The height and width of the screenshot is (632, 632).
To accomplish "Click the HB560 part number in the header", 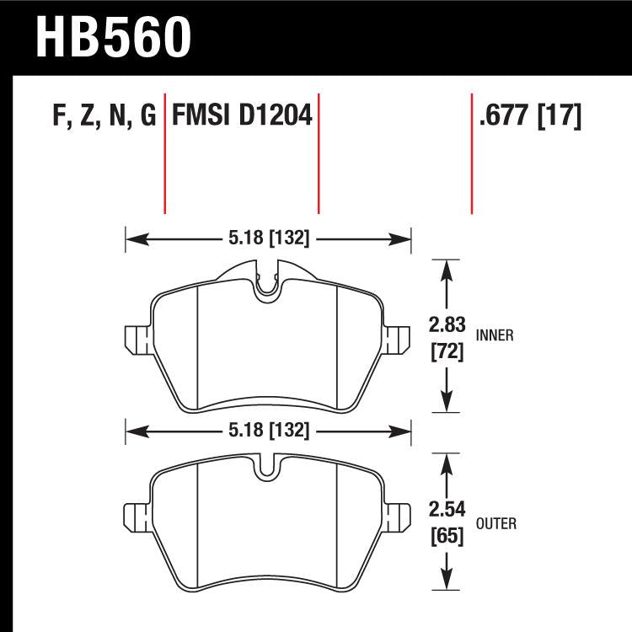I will (x=114, y=36).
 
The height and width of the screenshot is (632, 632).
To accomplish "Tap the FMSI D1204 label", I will (x=242, y=115).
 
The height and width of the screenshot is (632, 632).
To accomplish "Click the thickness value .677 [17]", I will (x=529, y=115).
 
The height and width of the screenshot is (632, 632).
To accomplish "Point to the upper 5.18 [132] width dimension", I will (x=268, y=238).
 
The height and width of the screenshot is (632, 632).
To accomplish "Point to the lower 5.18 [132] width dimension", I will (x=268, y=431).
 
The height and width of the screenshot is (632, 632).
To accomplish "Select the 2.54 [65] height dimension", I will (x=446, y=522).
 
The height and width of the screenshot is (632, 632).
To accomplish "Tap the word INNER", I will (x=495, y=335).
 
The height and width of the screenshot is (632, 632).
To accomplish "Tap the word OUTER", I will (x=496, y=523).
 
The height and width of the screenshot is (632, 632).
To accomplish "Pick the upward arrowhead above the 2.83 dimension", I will (x=446, y=268).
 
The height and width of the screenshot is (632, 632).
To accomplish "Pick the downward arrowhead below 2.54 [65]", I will (x=446, y=581).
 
